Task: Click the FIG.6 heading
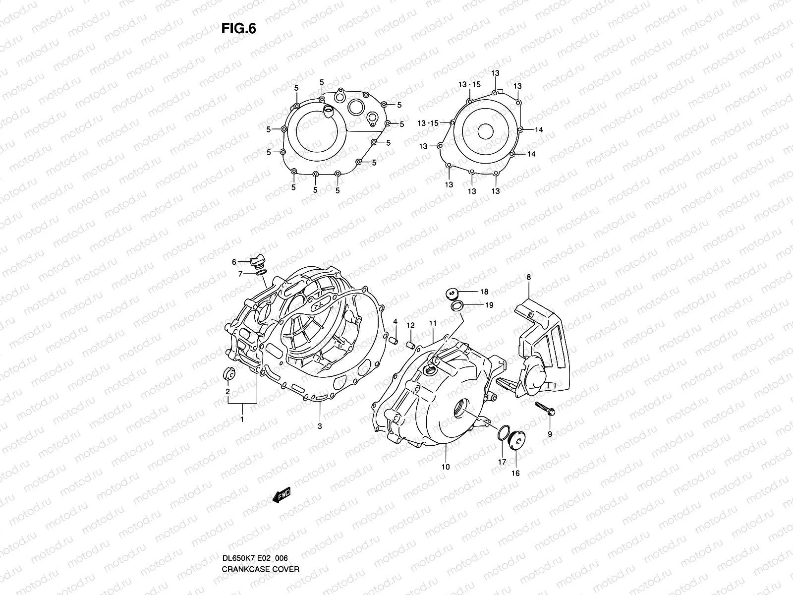(x=239, y=29)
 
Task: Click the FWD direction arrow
(x=280, y=495)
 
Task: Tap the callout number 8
(x=529, y=278)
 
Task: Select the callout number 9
(x=550, y=434)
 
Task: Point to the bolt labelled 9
(x=544, y=409)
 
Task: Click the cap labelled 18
(x=452, y=293)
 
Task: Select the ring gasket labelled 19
(x=457, y=305)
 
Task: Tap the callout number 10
(x=446, y=467)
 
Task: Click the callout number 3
(x=320, y=426)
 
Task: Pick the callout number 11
(x=432, y=323)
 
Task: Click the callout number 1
(x=242, y=420)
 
